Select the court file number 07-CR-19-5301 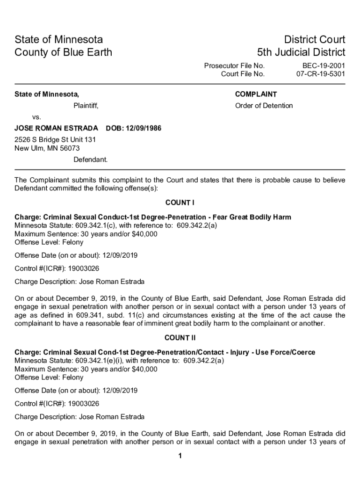[321, 74]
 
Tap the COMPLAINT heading [256, 94]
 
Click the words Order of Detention [264, 106]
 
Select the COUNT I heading [180, 203]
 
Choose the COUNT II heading [180, 338]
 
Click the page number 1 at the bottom [180, 457]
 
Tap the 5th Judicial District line [301, 52]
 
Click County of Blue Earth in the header [63, 52]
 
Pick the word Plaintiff [86, 106]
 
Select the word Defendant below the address [90, 160]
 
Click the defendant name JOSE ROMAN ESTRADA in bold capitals [56, 128]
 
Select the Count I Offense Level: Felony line [49, 242]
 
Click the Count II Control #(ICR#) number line [57, 404]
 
